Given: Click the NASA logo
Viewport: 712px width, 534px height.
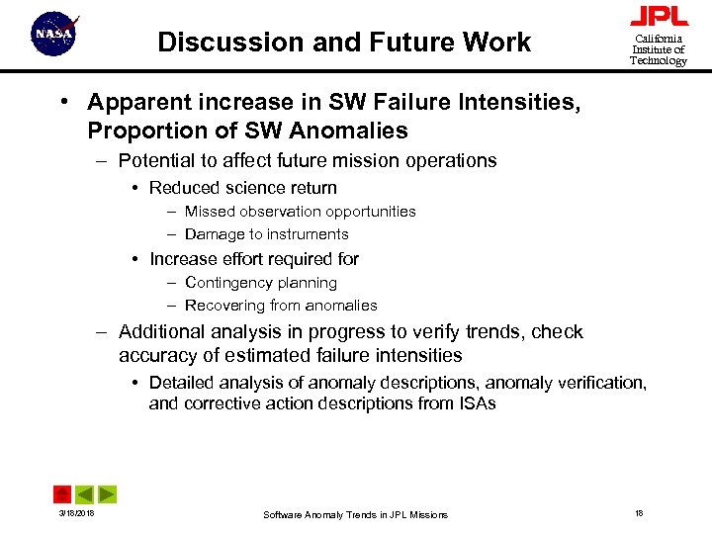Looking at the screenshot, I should [x=54, y=35].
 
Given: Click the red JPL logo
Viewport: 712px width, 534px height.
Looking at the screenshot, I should [x=659, y=17].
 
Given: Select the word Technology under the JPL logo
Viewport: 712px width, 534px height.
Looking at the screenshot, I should [x=659, y=61].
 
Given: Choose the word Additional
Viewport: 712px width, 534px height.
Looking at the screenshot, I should [x=161, y=332].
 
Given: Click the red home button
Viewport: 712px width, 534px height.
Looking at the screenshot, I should [x=62, y=493].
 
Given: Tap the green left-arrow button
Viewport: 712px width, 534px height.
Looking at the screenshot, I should [x=85, y=493].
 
